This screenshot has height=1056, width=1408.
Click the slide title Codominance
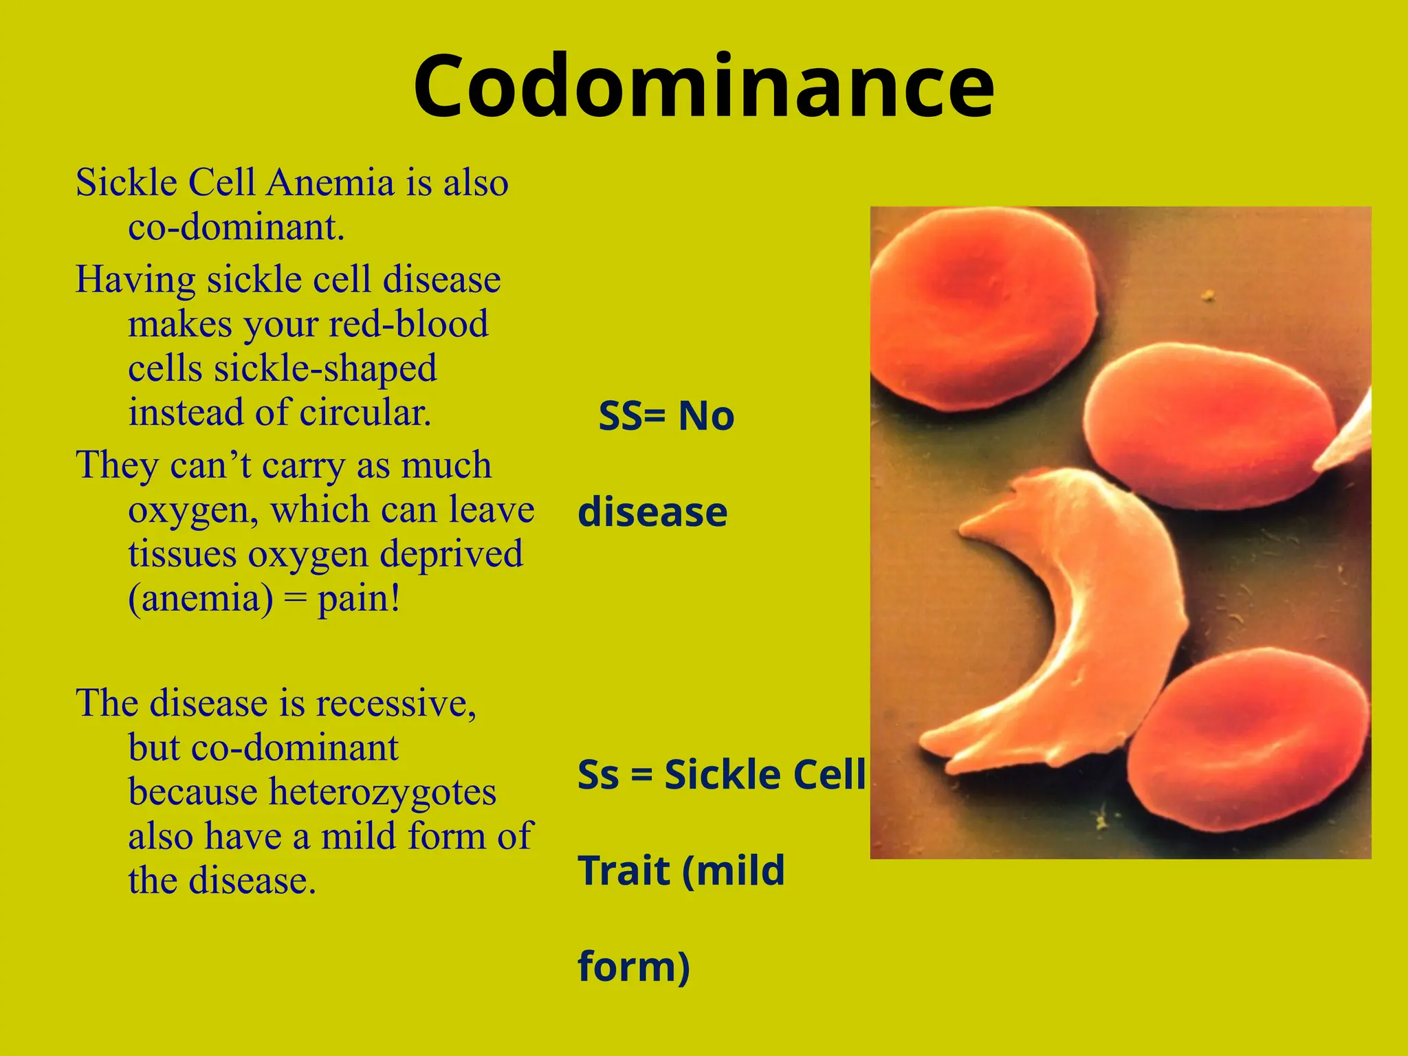(703, 87)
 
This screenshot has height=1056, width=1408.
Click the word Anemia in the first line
(330, 183)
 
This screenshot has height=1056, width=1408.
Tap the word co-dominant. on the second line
(236, 227)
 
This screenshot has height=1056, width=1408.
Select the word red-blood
(408, 324)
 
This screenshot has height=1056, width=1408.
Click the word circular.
(365, 412)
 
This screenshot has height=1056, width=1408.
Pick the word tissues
(181, 554)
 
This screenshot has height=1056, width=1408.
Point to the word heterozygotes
(382, 792)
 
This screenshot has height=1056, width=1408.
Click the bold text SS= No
(666, 416)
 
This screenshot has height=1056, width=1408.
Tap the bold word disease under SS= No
(652, 512)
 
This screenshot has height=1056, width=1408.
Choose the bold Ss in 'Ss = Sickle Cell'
(599, 775)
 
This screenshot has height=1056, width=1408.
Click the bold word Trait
(624, 871)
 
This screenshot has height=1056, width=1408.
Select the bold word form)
(633, 967)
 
